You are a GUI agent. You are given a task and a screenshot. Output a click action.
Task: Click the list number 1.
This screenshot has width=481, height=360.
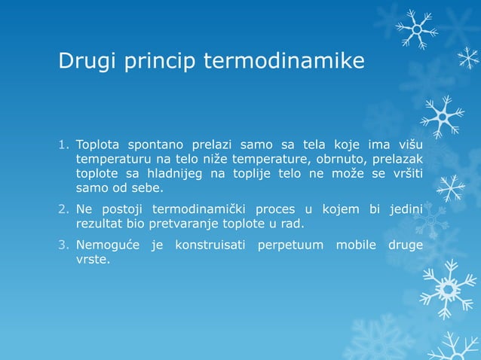click(x=64, y=145)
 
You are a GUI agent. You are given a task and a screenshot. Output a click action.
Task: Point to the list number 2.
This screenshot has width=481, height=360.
click(x=64, y=209)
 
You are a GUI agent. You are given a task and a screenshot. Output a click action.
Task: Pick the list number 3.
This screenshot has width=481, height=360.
click(x=64, y=245)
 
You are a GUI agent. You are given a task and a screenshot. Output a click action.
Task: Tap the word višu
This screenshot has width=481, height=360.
click(x=408, y=145)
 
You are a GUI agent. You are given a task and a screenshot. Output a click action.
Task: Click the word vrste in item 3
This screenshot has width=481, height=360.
click(x=92, y=259)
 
